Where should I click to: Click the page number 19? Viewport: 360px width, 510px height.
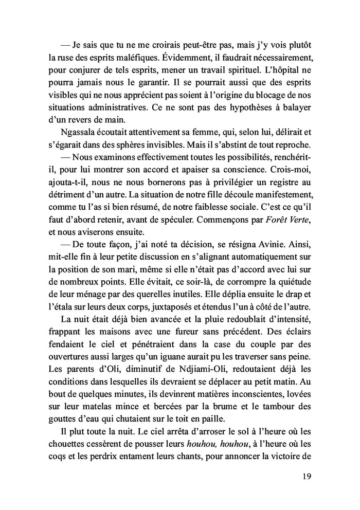304,477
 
